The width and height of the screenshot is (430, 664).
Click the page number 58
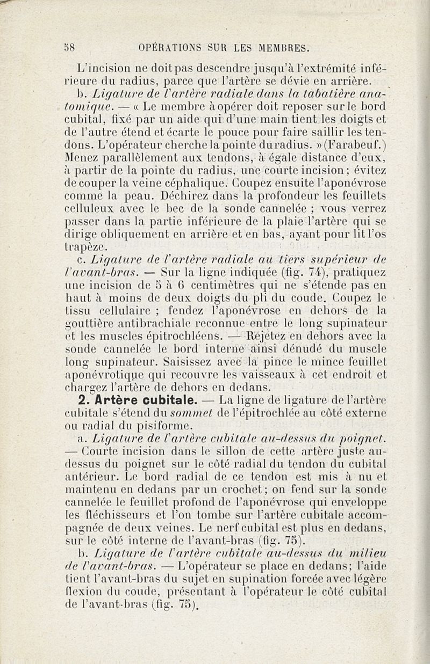point(68,47)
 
